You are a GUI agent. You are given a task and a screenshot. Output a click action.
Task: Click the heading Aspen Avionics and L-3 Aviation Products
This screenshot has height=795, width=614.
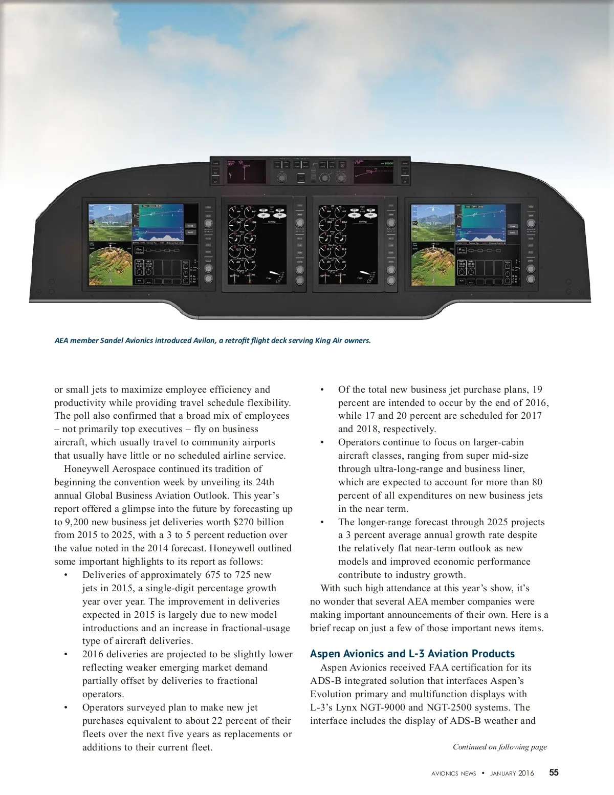[412, 654]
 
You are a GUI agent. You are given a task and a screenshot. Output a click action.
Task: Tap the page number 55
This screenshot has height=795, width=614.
[554, 772]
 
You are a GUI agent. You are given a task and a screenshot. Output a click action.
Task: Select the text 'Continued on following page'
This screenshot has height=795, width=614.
[499, 747]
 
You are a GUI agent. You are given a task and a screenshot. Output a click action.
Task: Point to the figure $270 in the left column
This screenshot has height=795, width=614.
[233, 522]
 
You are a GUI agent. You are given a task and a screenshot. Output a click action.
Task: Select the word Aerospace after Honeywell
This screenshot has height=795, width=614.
[134, 468]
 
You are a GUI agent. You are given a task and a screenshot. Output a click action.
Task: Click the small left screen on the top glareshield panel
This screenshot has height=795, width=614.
[245, 171]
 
